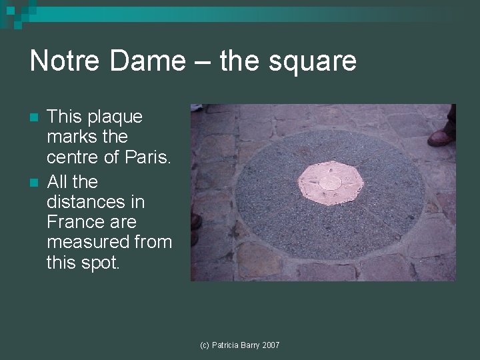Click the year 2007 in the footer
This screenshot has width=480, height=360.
coord(271,345)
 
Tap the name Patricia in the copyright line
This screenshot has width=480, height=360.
coord(225,345)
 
